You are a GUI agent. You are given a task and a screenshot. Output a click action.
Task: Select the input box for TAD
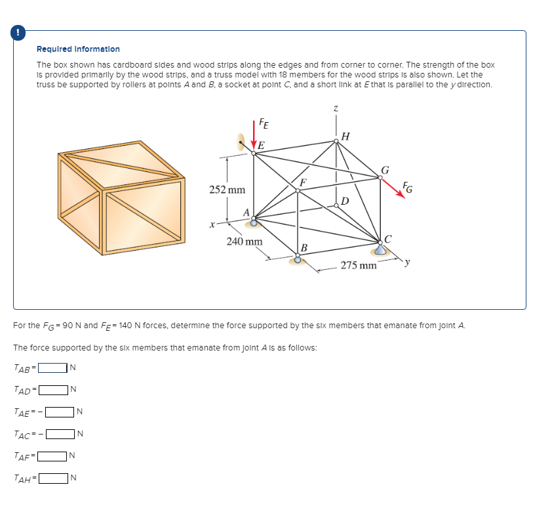[53, 389]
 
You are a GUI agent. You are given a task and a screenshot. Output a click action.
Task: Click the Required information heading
[78, 49]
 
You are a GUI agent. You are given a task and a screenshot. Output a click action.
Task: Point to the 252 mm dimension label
[227, 190]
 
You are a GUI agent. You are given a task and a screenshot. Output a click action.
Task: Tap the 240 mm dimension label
[244, 242]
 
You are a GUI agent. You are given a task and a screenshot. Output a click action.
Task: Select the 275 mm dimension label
[358, 266]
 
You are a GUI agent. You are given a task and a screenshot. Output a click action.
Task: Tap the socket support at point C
[380, 249]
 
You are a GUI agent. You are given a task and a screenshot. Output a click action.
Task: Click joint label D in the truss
[345, 200]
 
